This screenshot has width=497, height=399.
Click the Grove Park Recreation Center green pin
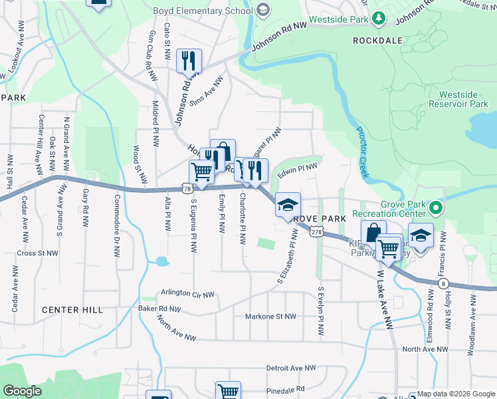[x=436, y=209]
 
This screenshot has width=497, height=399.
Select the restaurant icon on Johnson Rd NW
[x=189, y=61]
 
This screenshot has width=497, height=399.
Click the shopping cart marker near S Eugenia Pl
[x=202, y=172]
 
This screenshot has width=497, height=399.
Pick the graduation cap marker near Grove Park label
[x=288, y=205]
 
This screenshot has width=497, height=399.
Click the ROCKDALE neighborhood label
[x=377, y=41]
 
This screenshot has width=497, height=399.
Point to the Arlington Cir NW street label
[x=187, y=294]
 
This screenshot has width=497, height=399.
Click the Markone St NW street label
[x=270, y=317]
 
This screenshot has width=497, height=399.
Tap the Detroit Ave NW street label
[x=292, y=368]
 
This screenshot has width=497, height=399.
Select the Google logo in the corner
[x=22, y=391]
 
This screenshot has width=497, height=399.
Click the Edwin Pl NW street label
[x=297, y=171]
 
